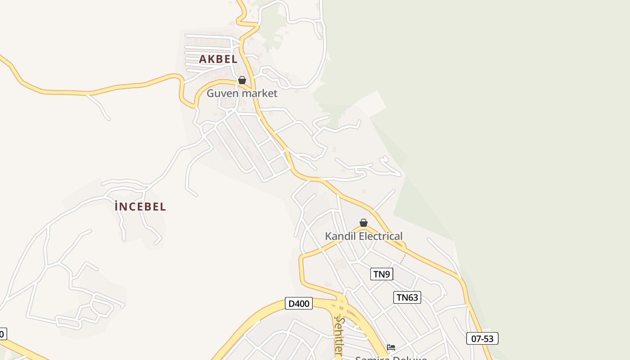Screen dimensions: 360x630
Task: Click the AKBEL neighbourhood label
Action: (218, 59)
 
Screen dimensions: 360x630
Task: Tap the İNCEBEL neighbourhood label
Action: (140, 207)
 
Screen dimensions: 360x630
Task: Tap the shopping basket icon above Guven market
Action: (242, 80)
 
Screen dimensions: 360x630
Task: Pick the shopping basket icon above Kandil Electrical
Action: (364, 223)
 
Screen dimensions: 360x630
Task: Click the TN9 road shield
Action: (382, 274)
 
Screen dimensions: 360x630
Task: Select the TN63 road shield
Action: (407, 297)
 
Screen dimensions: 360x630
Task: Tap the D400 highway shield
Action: (299, 304)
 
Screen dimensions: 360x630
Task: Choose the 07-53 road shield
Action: (482, 338)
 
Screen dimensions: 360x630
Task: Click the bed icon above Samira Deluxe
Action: (391, 347)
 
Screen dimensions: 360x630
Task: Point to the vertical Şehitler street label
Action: (339, 336)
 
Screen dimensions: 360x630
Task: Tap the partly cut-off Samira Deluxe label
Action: (391, 358)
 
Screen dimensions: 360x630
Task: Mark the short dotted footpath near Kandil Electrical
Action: (403, 258)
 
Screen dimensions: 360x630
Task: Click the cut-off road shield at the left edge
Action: (3, 334)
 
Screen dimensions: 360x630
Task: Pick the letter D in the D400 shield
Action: (291, 304)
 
